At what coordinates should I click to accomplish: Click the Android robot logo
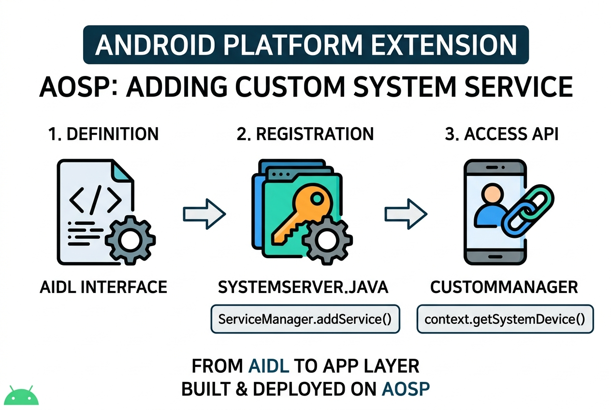21,395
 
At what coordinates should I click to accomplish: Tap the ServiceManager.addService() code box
305,319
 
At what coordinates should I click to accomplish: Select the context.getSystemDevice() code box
505,319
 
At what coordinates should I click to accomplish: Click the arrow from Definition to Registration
204,214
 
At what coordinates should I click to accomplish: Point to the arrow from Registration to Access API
406,214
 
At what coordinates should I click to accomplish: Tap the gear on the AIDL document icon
130,240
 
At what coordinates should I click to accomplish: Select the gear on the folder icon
327,240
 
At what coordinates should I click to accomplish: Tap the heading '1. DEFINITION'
103,134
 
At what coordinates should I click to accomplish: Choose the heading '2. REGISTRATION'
305,134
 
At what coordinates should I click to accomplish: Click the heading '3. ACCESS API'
502,134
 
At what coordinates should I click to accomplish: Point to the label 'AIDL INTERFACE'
103,287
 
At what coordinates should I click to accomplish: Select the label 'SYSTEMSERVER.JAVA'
303,287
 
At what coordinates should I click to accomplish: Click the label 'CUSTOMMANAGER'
504,287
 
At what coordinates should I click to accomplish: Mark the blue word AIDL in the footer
269,366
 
